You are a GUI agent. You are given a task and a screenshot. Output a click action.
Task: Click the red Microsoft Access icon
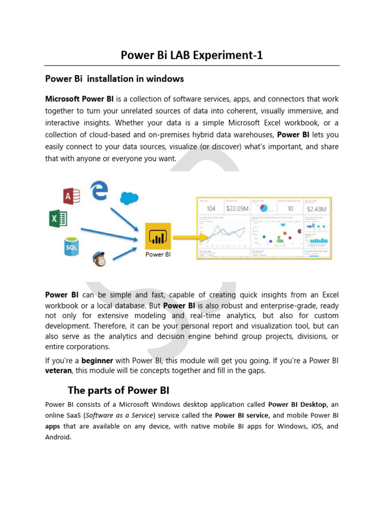tap(71, 196)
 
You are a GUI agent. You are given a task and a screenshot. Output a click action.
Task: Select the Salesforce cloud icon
tap(128, 198)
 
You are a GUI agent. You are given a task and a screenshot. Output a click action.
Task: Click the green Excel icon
tap(58, 219)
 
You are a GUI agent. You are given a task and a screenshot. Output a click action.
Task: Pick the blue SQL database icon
tap(71, 246)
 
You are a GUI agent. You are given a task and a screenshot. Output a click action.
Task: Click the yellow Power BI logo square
tap(158, 236)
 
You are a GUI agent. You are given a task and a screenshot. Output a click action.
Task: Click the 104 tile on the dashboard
tap(211, 208)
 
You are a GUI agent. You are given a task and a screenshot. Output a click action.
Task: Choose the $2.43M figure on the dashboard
tap(316, 208)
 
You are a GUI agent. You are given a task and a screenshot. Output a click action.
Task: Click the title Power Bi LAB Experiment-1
tap(191, 56)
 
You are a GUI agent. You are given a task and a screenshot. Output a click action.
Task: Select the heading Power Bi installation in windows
tap(114, 79)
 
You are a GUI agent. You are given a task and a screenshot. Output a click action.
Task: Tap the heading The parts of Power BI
tap(121, 390)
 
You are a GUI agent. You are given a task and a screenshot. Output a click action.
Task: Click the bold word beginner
tap(97, 360)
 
